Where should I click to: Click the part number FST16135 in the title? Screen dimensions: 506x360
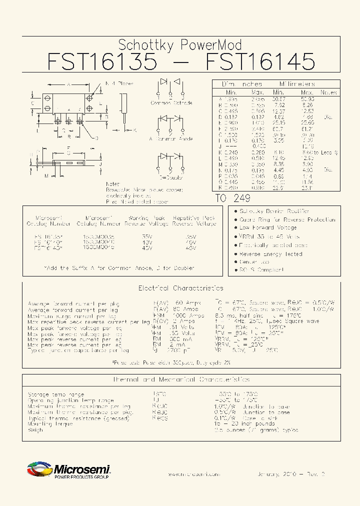[102, 61]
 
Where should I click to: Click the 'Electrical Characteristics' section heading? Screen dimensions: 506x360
[180, 288]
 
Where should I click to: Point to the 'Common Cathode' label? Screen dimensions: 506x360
[171, 103]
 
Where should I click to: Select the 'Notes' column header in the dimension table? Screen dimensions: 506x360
[328, 92]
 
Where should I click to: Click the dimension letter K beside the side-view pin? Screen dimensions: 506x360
[135, 130]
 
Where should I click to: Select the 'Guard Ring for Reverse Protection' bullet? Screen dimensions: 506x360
[287, 219]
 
